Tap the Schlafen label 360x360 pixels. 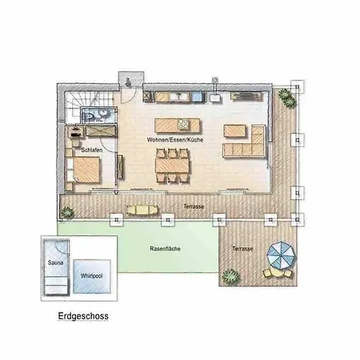(x=91, y=150)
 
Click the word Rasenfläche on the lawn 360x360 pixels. (x=165, y=249)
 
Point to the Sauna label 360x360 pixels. (x=55, y=262)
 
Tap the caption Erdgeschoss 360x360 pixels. (x=83, y=316)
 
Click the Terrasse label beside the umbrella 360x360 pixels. (x=242, y=250)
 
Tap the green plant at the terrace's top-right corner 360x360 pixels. (x=284, y=98)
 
